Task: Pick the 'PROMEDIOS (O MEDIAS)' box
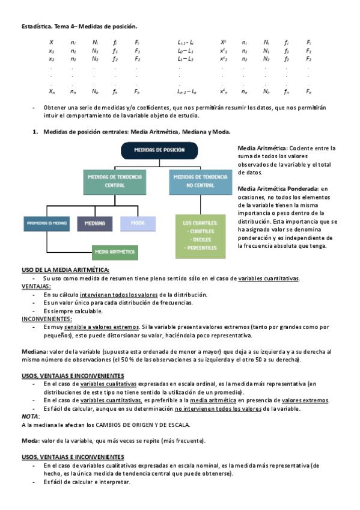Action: (x=46, y=223)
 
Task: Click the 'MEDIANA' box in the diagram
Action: (x=94, y=223)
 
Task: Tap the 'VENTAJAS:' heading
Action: (x=37, y=287)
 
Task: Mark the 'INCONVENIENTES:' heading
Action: (x=47, y=319)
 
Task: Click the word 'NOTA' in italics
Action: (x=30, y=416)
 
